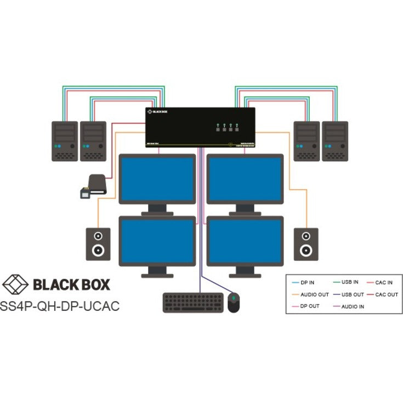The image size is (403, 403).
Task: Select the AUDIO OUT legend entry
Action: [x=313, y=294]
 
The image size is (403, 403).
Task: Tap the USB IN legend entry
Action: [x=349, y=282]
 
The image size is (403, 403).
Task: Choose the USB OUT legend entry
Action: [x=350, y=294]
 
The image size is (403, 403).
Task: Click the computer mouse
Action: [x=234, y=303]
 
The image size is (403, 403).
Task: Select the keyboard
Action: [x=192, y=303]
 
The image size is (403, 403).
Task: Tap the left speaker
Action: [x=98, y=243]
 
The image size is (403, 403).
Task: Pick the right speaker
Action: [x=305, y=243]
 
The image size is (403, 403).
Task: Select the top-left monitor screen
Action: [x=157, y=180]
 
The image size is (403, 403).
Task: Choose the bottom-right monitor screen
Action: [x=245, y=242]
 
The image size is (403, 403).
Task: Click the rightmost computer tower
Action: [x=334, y=141]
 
